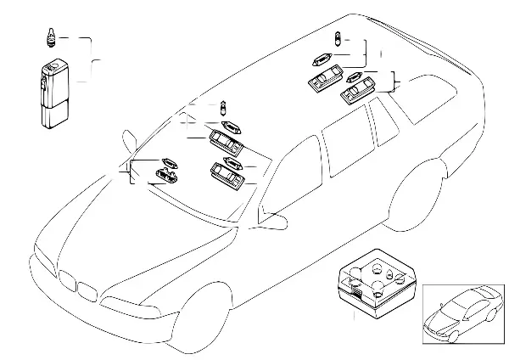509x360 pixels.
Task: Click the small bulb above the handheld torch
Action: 50,37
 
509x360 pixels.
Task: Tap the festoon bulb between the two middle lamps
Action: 231,159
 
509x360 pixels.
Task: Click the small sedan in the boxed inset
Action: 462,312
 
